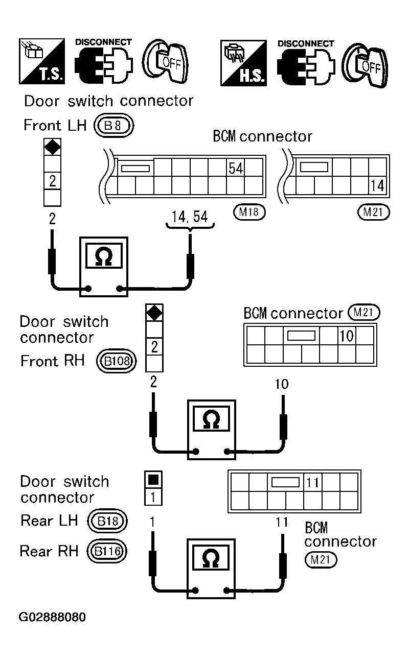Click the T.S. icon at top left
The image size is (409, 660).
pyautogui.click(x=42, y=61)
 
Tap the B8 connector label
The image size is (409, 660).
pyautogui.click(x=113, y=126)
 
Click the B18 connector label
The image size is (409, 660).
pyautogui.click(x=107, y=521)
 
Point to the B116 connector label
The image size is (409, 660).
pyautogui.click(x=107, y=551)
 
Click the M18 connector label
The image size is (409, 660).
pyautogui.click(x=248, y=212)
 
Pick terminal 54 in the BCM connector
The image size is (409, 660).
pyautogui.click(x=235, y=168)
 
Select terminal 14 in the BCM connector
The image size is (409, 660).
pyautogui.click(x=377, y=185)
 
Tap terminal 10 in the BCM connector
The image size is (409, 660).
pyautogui.click(x=346, y=336)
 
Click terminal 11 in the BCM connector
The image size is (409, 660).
pyautogui.click(x=312, y=482)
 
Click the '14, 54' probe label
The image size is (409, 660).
pyautogui.click(x=190, y=217)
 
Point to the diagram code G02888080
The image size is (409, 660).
pyautogui.click(x=53, y=617)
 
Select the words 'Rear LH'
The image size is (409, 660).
pyautogui.click(x=49, y=521)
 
